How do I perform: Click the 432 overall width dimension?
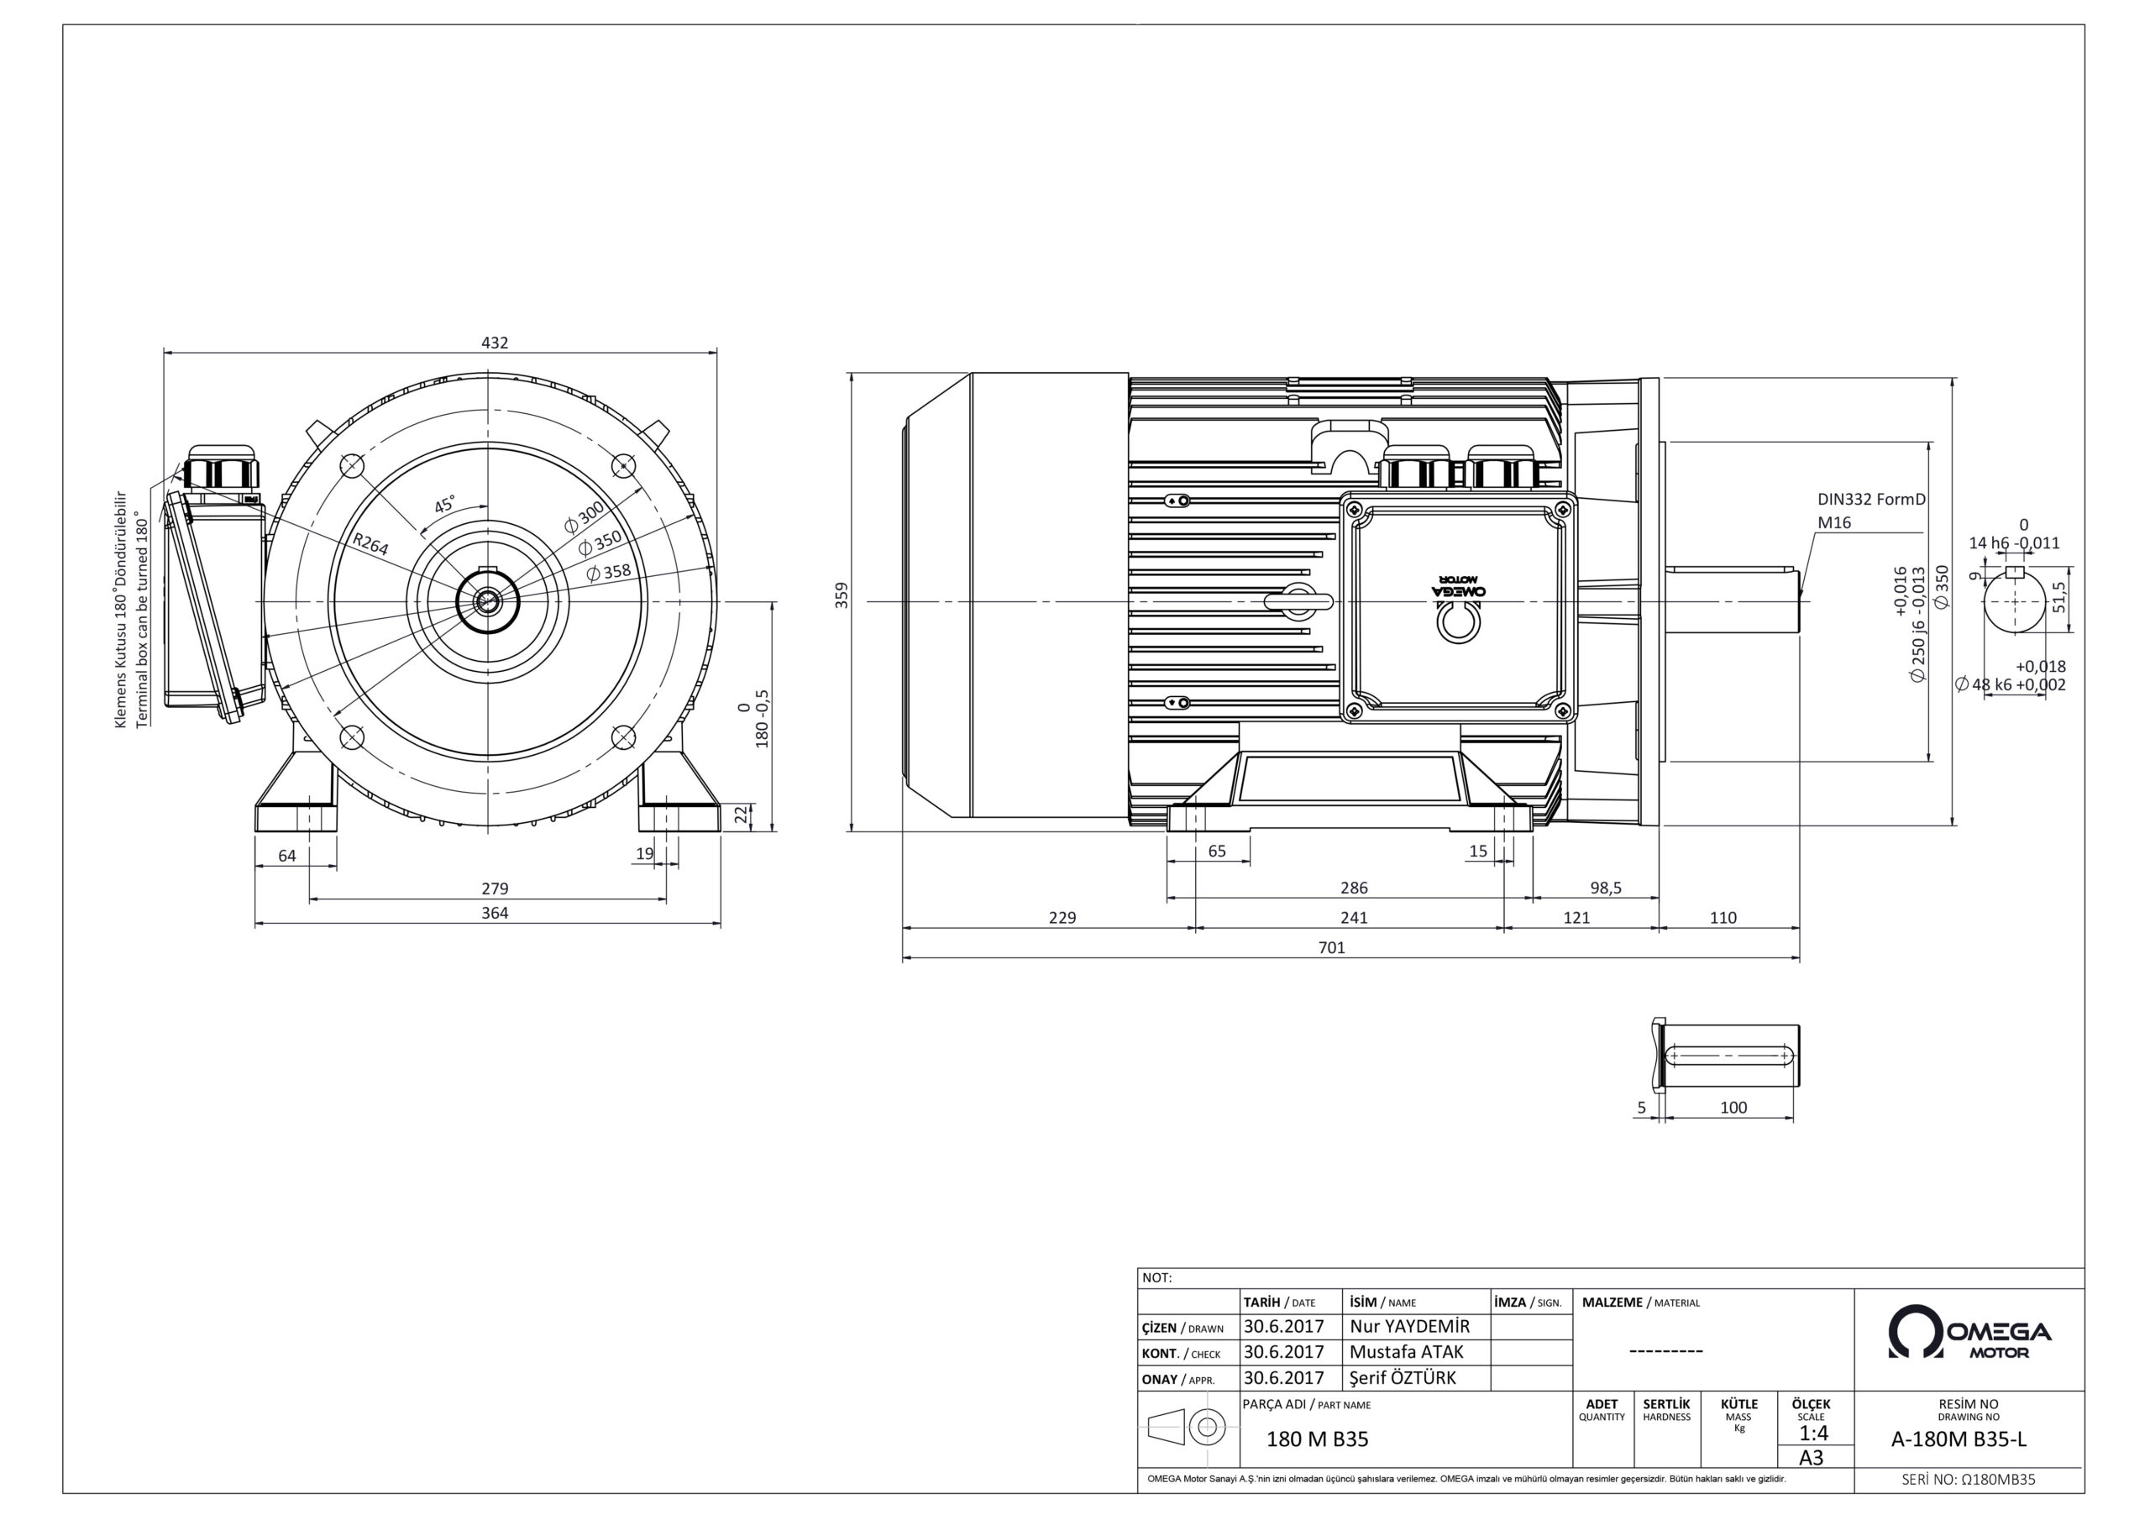pos(495,343)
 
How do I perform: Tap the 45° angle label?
pos(445,505)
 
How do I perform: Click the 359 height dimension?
pos(842,595)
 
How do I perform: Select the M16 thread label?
pos(1834,522)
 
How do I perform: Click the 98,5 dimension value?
pos(1606,888)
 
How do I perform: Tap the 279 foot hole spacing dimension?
pos(495,888)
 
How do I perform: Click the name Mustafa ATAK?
pos(1407,1351)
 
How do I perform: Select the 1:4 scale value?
pos(1813,1433)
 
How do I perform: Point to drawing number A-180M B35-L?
pos(1969,1440)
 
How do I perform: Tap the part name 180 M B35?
pos(1318,1439)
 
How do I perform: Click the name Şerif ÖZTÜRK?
pos(1403,1377)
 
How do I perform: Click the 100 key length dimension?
pos(1733,1108)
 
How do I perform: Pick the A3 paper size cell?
pos(1812,1458)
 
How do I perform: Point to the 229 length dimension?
pos(1062,918)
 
